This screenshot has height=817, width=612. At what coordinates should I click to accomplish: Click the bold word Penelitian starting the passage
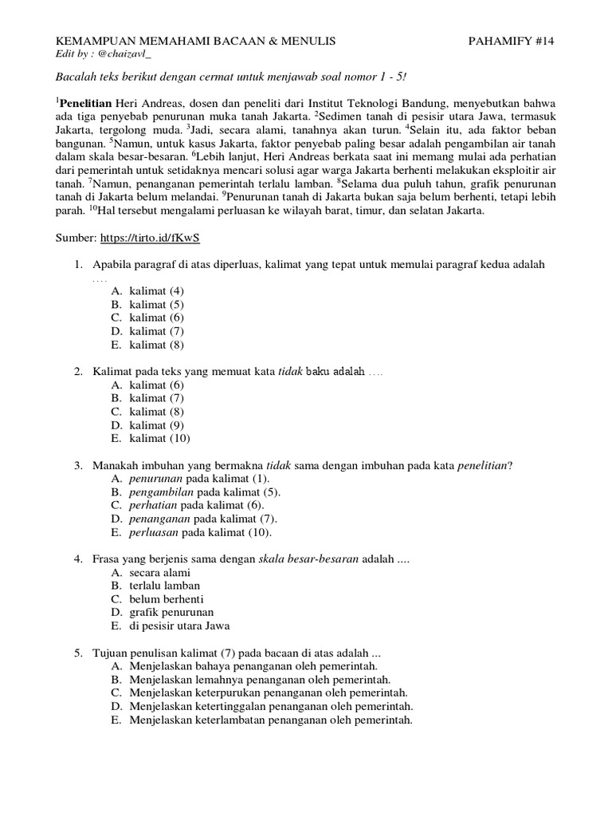click(x=85, y=104)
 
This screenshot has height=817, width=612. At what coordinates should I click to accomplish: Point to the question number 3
click(x=78, y=465)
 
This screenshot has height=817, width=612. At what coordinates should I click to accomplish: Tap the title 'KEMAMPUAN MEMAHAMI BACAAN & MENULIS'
click(x=194, y=40)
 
